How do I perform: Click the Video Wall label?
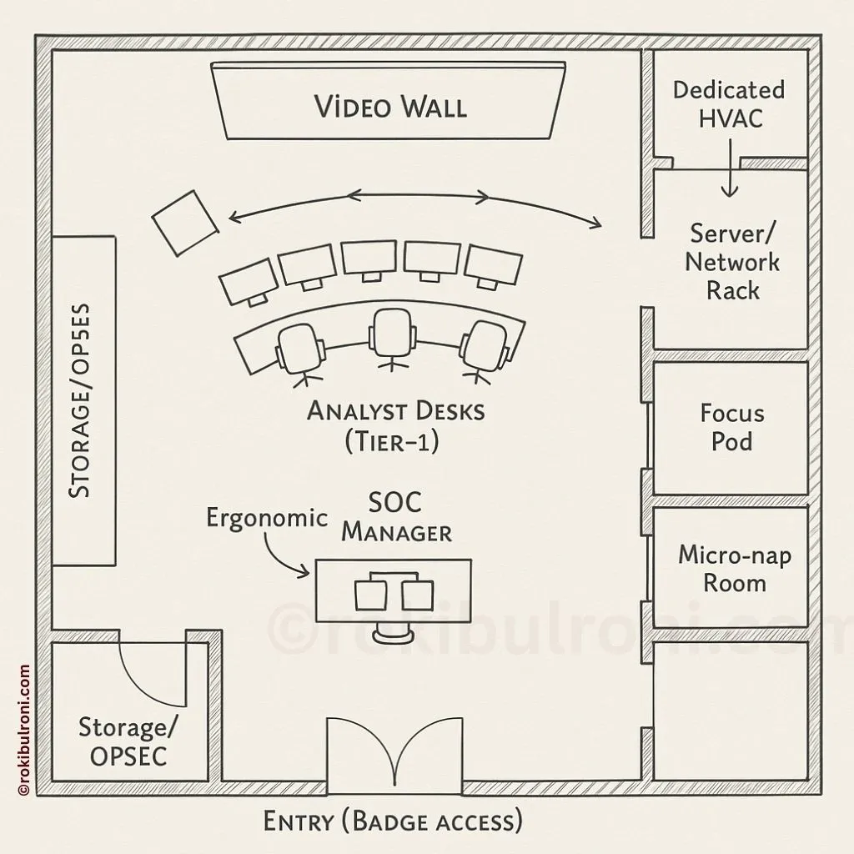[389, 107]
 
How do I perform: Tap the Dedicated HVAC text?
[730, 103]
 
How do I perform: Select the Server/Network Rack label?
[732, 262]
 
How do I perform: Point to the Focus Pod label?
[731, 426]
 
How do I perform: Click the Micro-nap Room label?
[734, 568]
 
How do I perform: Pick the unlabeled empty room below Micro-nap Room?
[730, 710]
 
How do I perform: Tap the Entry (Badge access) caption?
[393, 821]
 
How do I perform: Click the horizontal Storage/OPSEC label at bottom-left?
[128, 741]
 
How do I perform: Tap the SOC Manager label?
[397, 518]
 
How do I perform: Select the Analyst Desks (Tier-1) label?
[395, 425]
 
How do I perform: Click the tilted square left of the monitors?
[185, 223]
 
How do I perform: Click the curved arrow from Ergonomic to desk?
[284, 556]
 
